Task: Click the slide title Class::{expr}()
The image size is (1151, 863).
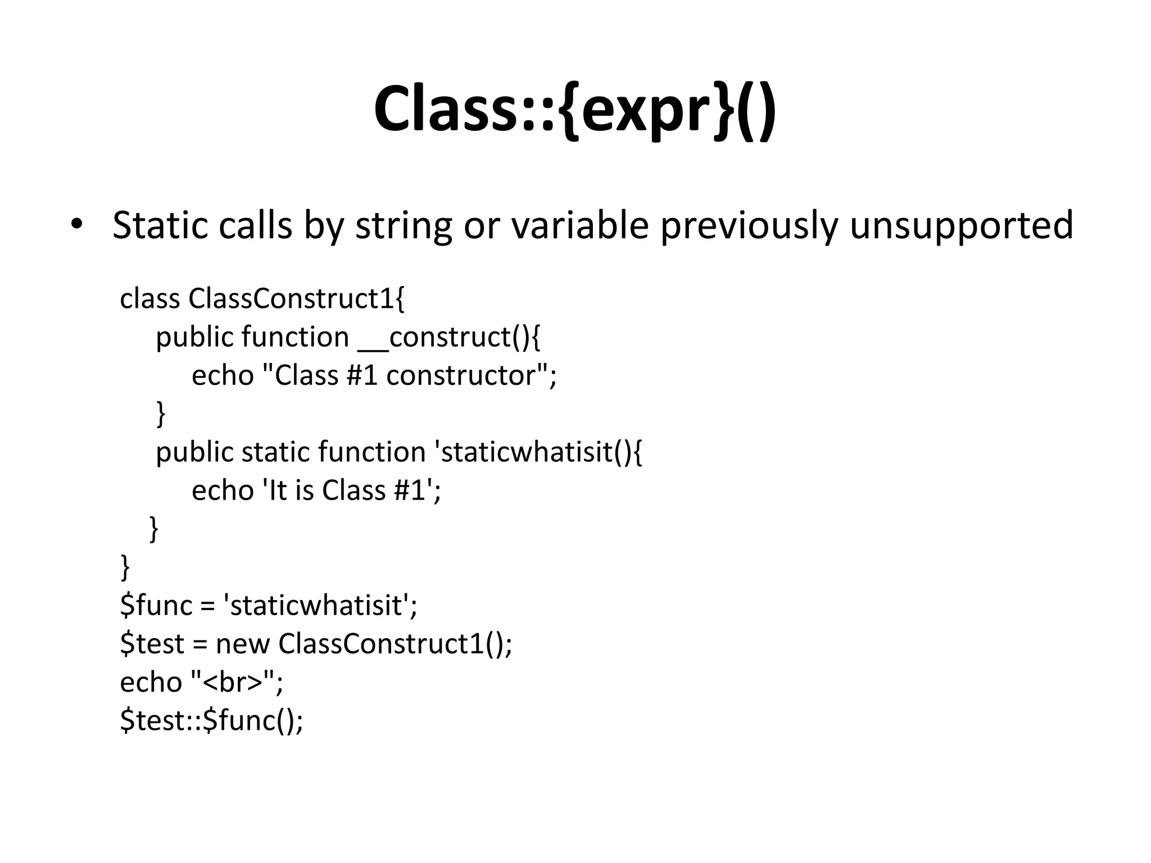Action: [575, 110]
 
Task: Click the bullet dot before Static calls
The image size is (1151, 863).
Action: [77, 224]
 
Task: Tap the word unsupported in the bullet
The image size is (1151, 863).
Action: [961, 225]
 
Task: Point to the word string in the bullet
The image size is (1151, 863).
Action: [403, 225]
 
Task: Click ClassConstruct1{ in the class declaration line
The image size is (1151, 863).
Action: [296, 298]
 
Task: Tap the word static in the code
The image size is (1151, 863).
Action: [275, 452]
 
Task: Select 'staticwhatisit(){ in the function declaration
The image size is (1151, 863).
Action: [539, 452]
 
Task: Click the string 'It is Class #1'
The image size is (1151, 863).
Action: [348, 490]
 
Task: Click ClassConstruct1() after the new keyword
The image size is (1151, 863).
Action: [394, 644]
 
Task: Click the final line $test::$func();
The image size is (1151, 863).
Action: [211, 720]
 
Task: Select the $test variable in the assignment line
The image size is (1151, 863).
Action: [152, 644]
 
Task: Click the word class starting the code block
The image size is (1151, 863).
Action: [150, 298]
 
